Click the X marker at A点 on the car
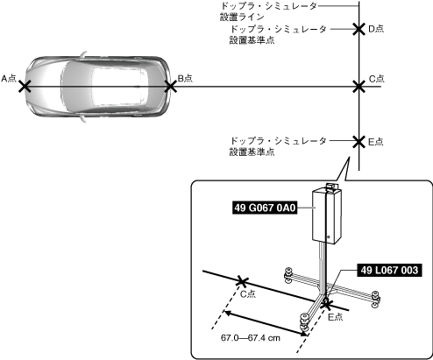tap(25, 87)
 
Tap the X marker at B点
tap(171, 87)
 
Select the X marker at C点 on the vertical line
tap(358, 87)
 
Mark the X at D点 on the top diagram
tap(358, 29)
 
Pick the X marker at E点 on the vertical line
tap(358, 142)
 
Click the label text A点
tap(9, 79)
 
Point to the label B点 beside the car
tap(186, 78)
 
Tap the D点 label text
tap(376, 29)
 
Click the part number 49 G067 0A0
tap(265, 208)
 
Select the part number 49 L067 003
tap(389, 270)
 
